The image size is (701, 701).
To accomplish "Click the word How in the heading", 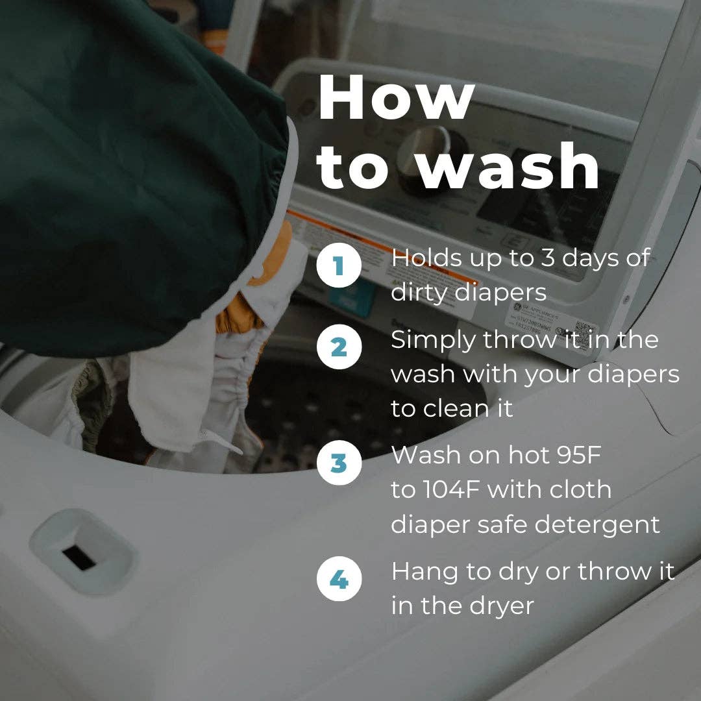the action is coord(396,98).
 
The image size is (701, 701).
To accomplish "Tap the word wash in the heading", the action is coord(510,166).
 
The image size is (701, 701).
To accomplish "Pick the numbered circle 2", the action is coord(339,347).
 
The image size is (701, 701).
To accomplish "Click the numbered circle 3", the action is coord(339,463).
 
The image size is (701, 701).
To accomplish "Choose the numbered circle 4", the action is coord(339,579).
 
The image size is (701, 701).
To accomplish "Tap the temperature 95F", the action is coord(578,455).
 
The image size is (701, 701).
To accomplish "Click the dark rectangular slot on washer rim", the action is coord(79,558).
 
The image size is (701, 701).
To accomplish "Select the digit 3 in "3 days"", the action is coord(548,258).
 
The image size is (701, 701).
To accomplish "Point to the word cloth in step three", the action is coord(580,489).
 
